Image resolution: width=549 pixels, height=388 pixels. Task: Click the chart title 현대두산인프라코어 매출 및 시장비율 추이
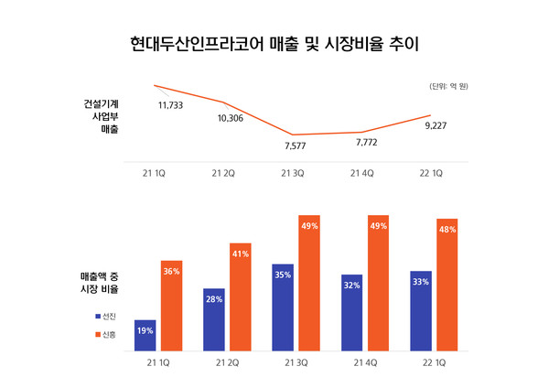[x=274, y=43]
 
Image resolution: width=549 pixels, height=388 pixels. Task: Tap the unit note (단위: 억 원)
[x=448, y=86]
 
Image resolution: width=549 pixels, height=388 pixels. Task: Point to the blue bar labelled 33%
[x=421, y=311]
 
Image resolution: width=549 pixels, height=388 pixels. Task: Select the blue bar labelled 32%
[x=352, y=313]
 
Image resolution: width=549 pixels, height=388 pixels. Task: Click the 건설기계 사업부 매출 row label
[x=100, y=116]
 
